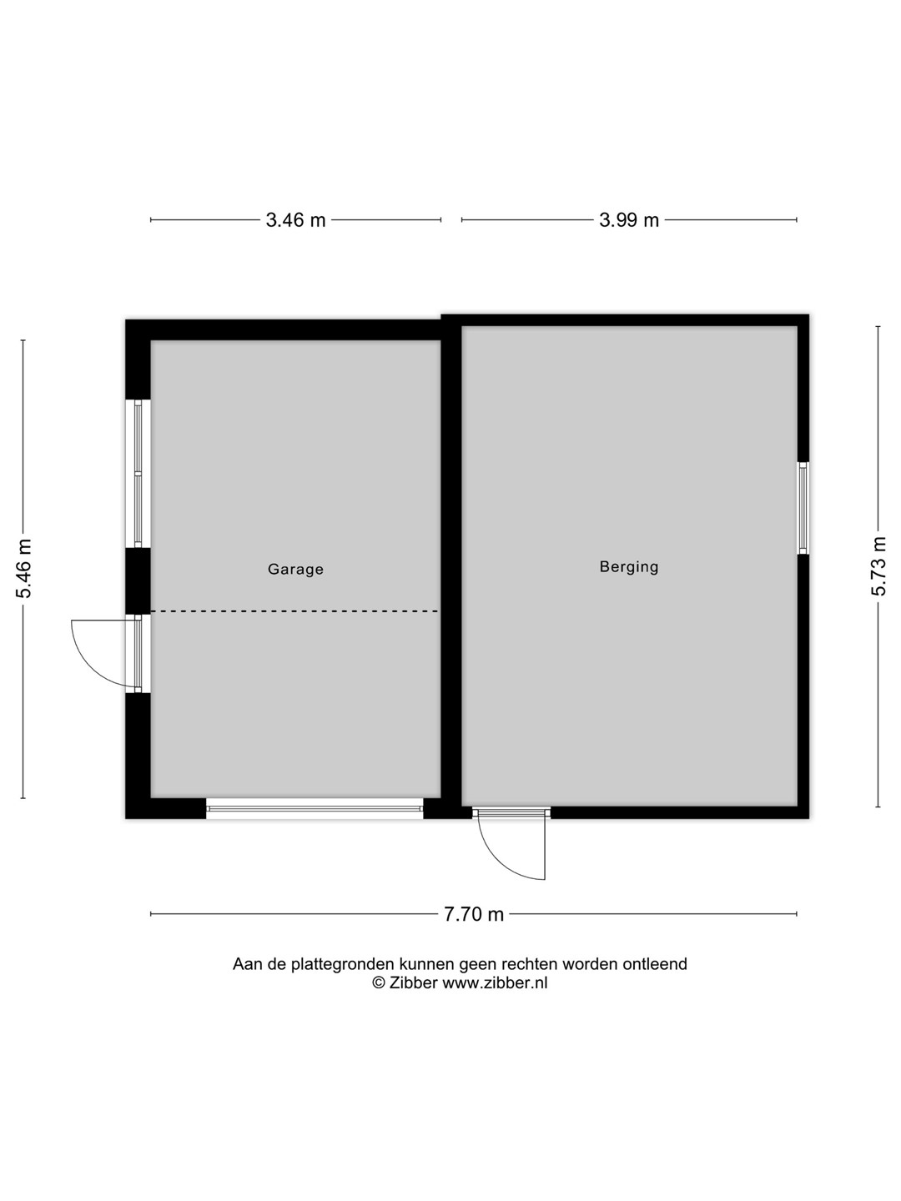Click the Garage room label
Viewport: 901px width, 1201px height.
tap(295, 570)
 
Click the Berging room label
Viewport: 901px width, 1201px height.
tap(628, 567)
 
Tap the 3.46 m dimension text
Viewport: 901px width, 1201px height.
tap(295, 220)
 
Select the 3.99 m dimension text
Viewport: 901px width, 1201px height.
tap(629, 220)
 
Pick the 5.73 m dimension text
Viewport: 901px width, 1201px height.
tap(878, 566)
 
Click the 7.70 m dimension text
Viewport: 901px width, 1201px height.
tap(474, 914)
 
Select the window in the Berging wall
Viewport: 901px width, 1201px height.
tap(803, 508)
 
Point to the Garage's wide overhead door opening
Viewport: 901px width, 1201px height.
tap(315, 808)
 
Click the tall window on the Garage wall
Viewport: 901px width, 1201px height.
tap(138, 473)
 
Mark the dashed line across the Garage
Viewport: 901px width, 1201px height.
tap(294, 611)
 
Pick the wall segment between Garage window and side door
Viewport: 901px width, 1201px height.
tap(138, 580)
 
